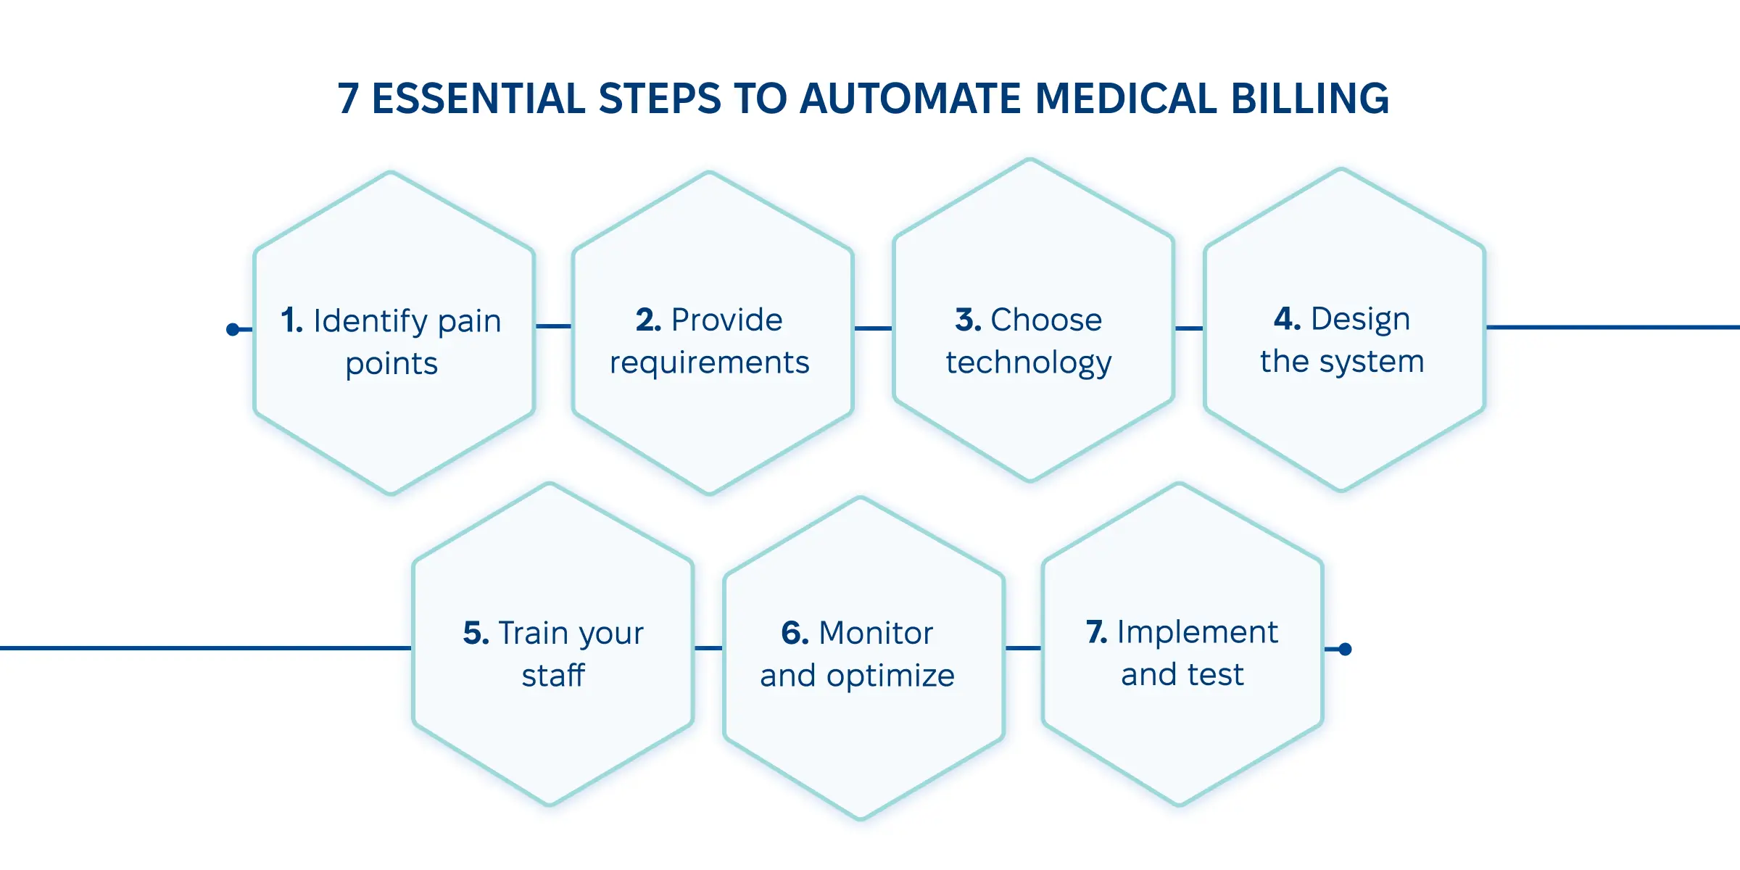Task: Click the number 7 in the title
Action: coord(349,99)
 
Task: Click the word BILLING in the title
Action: coord(1309,99)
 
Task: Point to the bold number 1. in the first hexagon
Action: coord(292,320)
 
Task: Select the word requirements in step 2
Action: coord(709,362)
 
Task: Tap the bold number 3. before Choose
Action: coord(968,320)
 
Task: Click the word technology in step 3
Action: coord(1028,362)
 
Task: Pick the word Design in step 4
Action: coord(1360,319)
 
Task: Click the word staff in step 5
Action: coord(552,676)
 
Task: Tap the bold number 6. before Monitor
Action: coord(795,633)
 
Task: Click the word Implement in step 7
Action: coord(1197,632)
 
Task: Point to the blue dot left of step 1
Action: coord(233,330)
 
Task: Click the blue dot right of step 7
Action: coord(1345,649)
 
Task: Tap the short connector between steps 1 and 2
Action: coord(554,326)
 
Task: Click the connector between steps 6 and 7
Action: coord(1023,648)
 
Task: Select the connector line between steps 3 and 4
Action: coord(1189,328)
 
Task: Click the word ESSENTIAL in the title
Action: coord(478,99)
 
